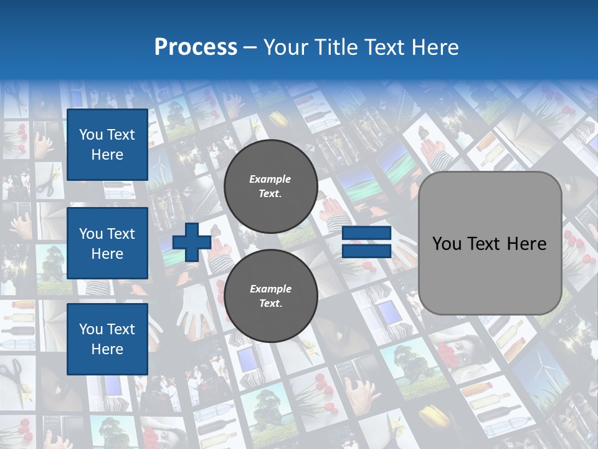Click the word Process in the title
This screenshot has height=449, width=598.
click(196, 47)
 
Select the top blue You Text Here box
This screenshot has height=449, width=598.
click(107, 145)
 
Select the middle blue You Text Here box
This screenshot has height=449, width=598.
click(107, 243)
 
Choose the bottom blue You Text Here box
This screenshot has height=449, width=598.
click(107, 339)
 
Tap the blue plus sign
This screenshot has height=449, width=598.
click(192, 243)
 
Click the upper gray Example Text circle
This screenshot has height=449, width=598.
click(270, 186)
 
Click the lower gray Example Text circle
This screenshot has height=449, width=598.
click(270, 296)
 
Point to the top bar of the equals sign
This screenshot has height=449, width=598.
click(366, 234)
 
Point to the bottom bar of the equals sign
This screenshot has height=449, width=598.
click(366, 251)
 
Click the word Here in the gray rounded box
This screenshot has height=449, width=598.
click(527, 244)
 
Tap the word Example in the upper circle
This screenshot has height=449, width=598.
click(270, 179)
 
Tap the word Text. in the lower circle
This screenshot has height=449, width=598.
click(270, 304)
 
